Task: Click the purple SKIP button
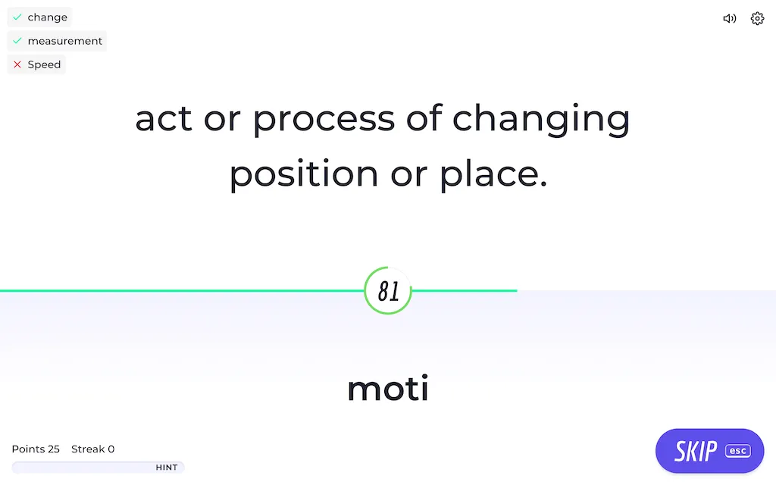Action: pos(709,451)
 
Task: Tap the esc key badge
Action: pos(738,451)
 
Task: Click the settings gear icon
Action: pos(757,18)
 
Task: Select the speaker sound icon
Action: pos(730,18)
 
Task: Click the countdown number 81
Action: pos(389,291)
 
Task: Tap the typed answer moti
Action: pos(388,389)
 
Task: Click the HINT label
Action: pos(167,467)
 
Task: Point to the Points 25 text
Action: pos(36,449)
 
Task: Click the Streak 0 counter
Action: pos(93,449)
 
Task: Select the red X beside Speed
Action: pos(17,64)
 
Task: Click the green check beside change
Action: pos(17,17)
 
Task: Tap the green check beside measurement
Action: pos(17,41)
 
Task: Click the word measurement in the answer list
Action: pos(65,41)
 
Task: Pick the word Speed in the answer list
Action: pos(44,65)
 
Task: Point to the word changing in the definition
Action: pos(541,119)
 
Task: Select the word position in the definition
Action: pos(304,174)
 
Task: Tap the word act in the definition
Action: pos(164,119)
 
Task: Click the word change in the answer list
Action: pos(48,17)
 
